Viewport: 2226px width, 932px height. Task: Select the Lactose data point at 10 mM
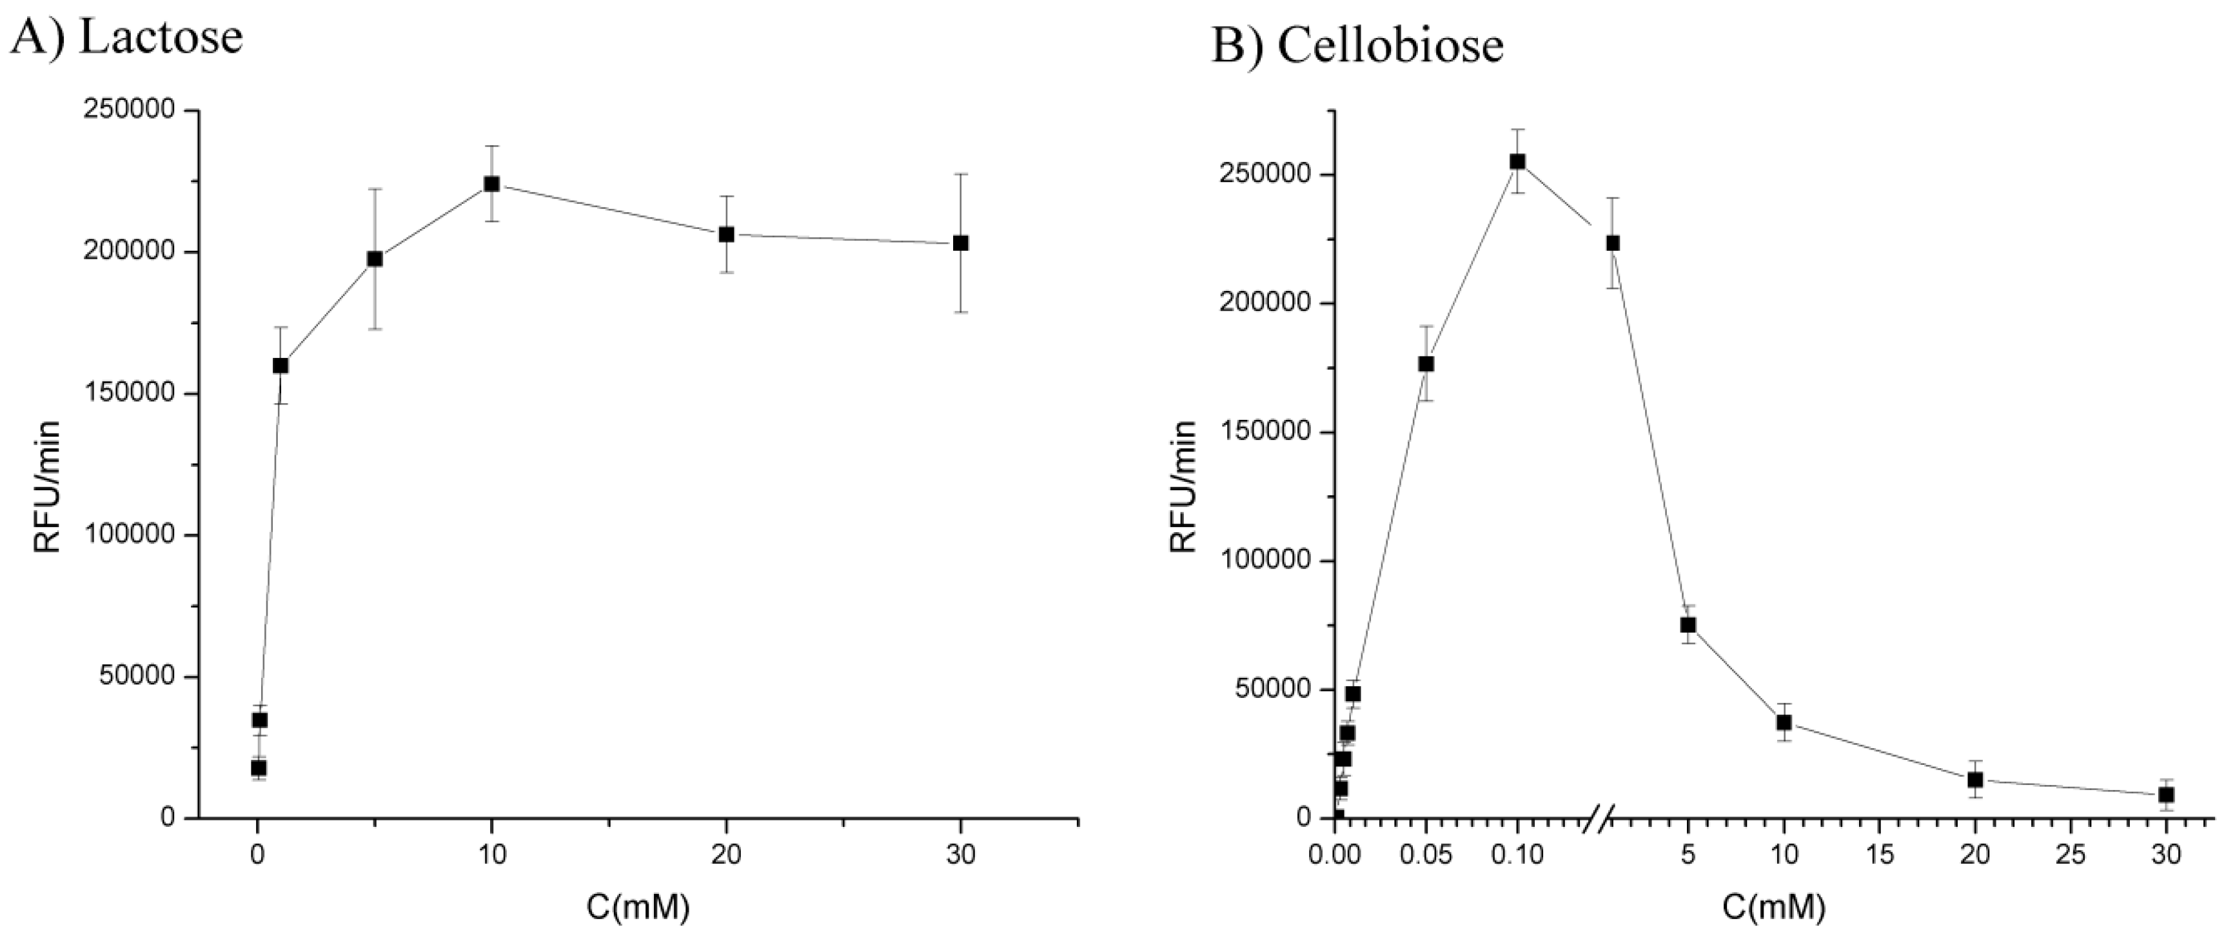click(491, 184)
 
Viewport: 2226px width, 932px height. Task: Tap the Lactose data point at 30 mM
click(960, 243)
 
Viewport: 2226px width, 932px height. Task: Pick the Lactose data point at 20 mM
click(727, 234)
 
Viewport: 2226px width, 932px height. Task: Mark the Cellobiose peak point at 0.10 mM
click(1517, 162)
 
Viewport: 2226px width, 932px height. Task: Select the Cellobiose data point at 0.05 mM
click(1426, 364)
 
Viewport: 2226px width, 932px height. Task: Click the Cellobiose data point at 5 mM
click(1688, 625)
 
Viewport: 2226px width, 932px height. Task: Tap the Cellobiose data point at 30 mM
click(2167, 795)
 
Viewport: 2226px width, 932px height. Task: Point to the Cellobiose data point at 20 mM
click(1975, 779)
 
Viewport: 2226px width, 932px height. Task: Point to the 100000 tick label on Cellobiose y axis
click(1265, 561)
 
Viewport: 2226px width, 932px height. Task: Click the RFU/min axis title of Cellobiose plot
click(1184, 487)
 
